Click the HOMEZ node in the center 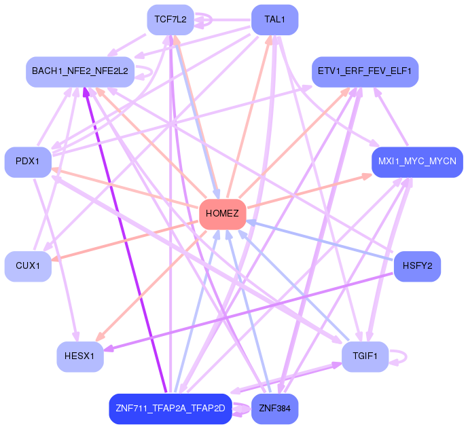click(222, 214)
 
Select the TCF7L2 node click(170, 20)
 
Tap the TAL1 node click(275, 20)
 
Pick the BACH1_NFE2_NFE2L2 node click(79, 71)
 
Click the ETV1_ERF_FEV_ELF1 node click(365, 71)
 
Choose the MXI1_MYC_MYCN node click(417, 162)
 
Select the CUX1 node click(28, 266)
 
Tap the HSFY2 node click(417, 265)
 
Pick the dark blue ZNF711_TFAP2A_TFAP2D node click(170, 408)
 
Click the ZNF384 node click(274, 408)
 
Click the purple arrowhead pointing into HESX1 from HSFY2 click(107, 349)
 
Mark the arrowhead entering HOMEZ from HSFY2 click(250, 221)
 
